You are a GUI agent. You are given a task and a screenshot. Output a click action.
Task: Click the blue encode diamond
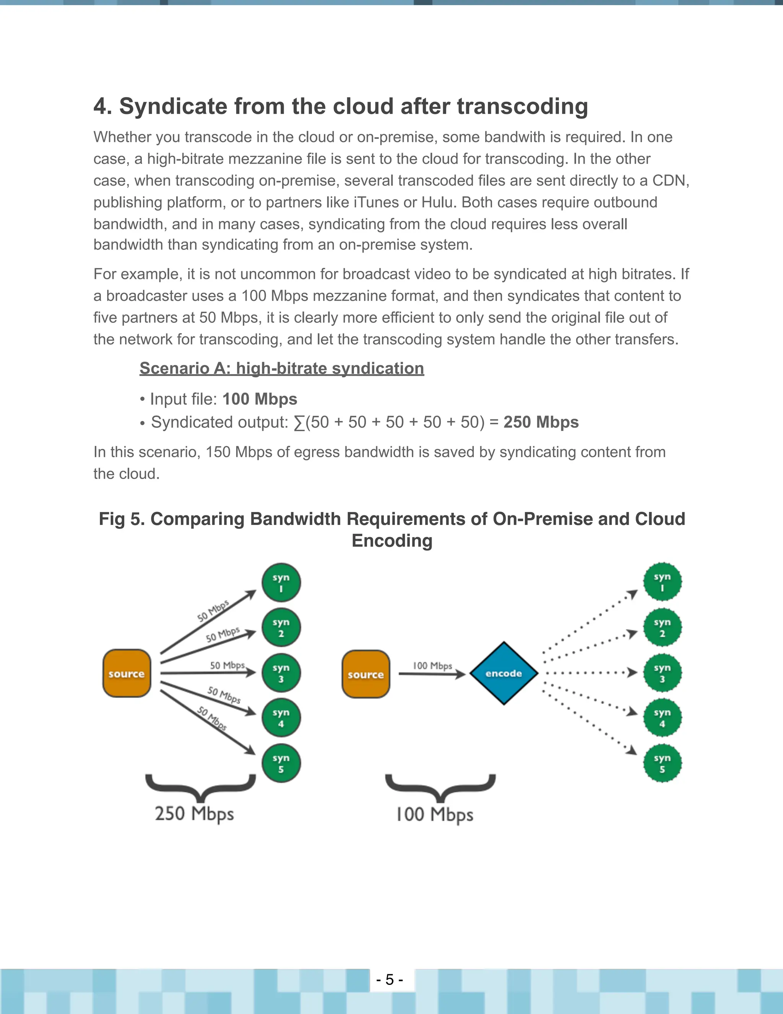tap(504, 673)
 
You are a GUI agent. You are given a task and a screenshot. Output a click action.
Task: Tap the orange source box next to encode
tap(366, 674)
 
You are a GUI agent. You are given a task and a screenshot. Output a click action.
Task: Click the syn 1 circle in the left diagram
tap(281, 583)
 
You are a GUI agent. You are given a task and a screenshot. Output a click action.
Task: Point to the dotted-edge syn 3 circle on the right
tap(663, 673)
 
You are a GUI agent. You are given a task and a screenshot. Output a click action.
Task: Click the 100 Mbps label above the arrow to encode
tap(432, 666)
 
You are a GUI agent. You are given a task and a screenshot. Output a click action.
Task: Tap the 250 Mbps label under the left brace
tap(194, 814)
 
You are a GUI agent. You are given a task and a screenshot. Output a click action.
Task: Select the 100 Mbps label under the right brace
tap(435, 815)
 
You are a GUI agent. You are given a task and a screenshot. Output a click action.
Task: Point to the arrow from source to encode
tap(431, 674)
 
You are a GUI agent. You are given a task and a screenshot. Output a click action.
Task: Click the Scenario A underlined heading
tap(281, 368)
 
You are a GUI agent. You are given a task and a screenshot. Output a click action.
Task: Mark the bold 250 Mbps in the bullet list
tap(541, 422)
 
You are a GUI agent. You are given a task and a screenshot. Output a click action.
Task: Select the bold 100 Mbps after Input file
tap(260, 399)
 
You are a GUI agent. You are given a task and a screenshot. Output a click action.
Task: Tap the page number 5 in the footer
tap(390, 980)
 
